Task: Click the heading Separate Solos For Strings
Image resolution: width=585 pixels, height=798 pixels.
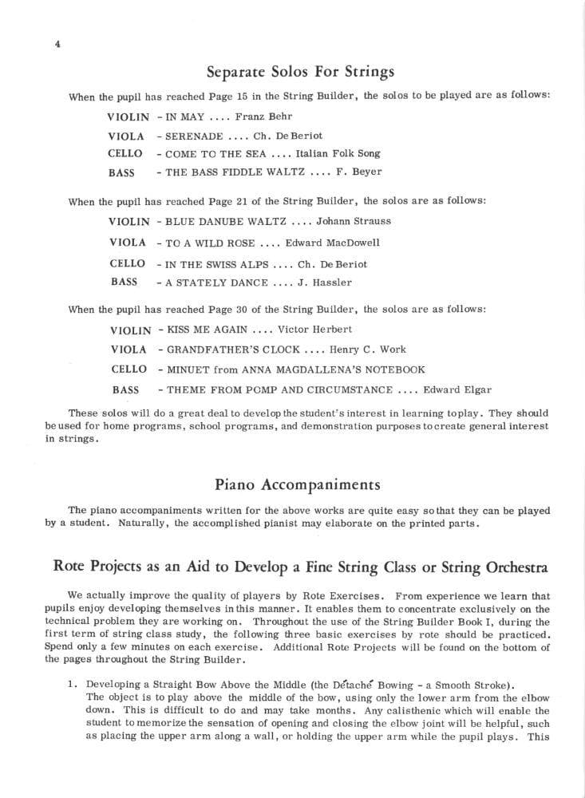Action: point(300,73)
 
